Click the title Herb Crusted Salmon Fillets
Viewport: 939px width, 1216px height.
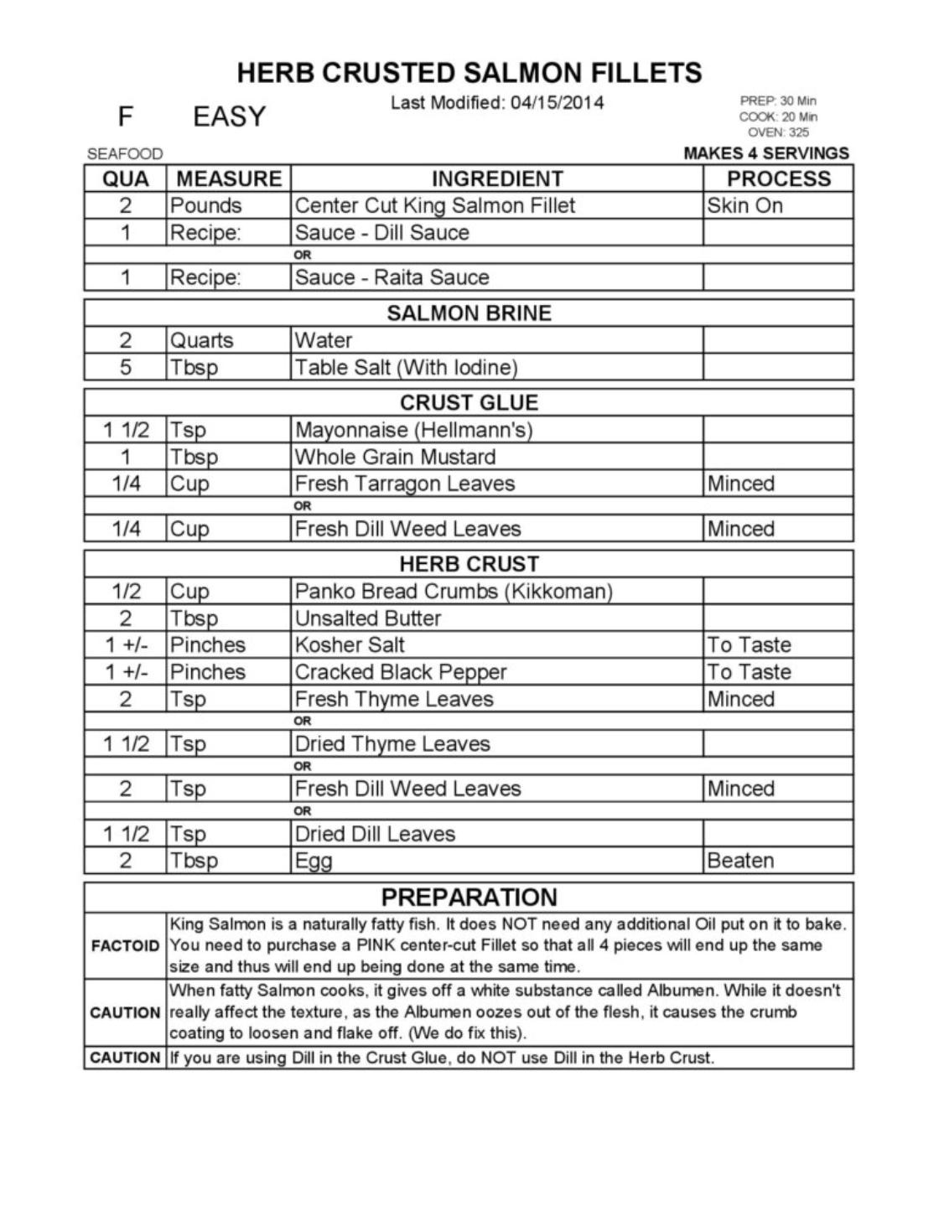pos(469,73)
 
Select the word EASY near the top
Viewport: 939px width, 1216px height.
pos(229,116)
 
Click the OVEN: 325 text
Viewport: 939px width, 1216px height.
pos(777,132)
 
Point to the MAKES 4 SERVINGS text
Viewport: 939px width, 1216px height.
pos(766,153)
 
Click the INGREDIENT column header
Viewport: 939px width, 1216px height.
pos(497,179)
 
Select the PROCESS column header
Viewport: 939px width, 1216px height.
pos(778,179)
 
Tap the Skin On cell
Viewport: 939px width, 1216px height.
pos(744,205)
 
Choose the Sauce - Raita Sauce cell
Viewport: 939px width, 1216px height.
pos(392,277)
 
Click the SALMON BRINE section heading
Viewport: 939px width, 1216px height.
pos(469,313)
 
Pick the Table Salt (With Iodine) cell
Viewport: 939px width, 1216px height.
pos(406,367)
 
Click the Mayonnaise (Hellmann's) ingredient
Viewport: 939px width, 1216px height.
pos(413,430)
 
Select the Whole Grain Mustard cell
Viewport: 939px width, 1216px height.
pos(395,457)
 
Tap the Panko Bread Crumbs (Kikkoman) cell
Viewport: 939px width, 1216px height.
pos(454,591)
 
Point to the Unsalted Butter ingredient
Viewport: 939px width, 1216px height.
pos(368,618)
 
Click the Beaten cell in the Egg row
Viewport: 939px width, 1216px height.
pos(740,861)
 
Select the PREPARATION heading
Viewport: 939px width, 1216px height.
pos(469,898)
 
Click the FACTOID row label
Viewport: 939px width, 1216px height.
pos(125,946)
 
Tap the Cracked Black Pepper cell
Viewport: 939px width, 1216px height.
pos(401,672)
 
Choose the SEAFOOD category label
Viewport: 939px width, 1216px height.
pos(125,154)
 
